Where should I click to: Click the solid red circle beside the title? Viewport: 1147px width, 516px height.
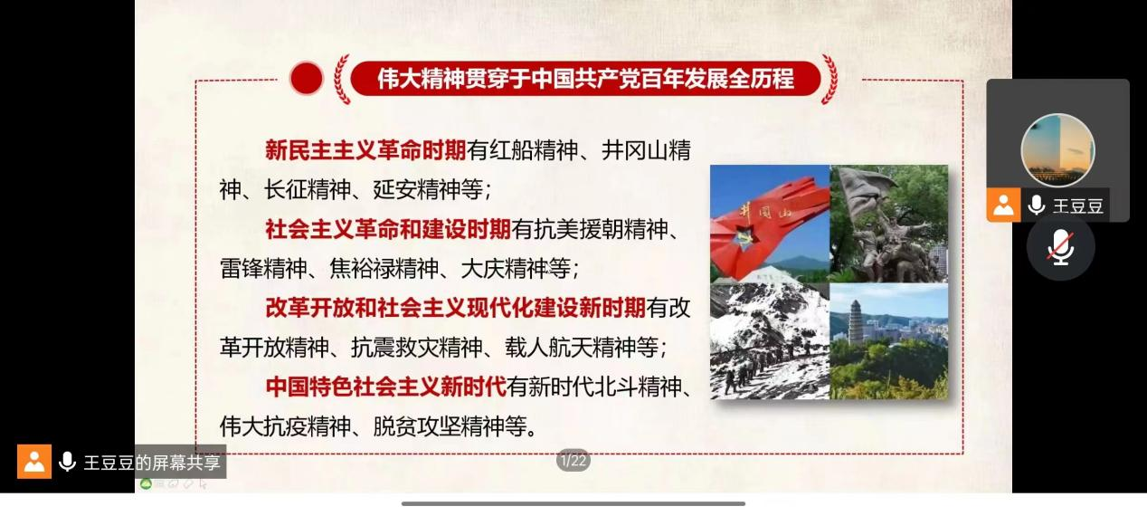pos(307,79)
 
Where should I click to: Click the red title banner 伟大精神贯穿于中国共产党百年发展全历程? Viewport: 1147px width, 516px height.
pos(585,79)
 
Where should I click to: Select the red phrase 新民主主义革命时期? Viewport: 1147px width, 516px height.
pos(365,150)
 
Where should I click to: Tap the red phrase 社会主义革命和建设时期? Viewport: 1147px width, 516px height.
pos(388,229)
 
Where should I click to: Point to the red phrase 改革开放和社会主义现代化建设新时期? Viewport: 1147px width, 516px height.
pos(456,308)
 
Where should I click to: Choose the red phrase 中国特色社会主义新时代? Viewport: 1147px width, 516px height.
pos(386,387)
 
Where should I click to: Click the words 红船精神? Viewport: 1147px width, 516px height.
pos(533,150)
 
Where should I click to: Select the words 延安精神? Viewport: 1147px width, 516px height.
pos(417,189)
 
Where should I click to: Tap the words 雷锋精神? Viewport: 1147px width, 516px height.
pos(264,269)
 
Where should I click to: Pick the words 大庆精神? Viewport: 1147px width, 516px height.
pos(505,269)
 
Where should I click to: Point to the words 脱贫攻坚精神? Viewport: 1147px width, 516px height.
pos(439,426)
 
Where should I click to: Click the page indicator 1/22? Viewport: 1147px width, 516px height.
pos(573,461)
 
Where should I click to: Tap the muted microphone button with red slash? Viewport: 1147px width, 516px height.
pos(1060,247)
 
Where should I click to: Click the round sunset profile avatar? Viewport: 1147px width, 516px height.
pos(1058,150)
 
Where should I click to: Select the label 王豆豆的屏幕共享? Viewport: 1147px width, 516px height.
pos(152,463)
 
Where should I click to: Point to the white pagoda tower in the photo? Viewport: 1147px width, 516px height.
pos(856,323)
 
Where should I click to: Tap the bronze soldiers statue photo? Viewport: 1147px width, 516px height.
pos(889,224)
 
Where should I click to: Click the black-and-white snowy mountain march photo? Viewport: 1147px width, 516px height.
pos(770,341)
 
